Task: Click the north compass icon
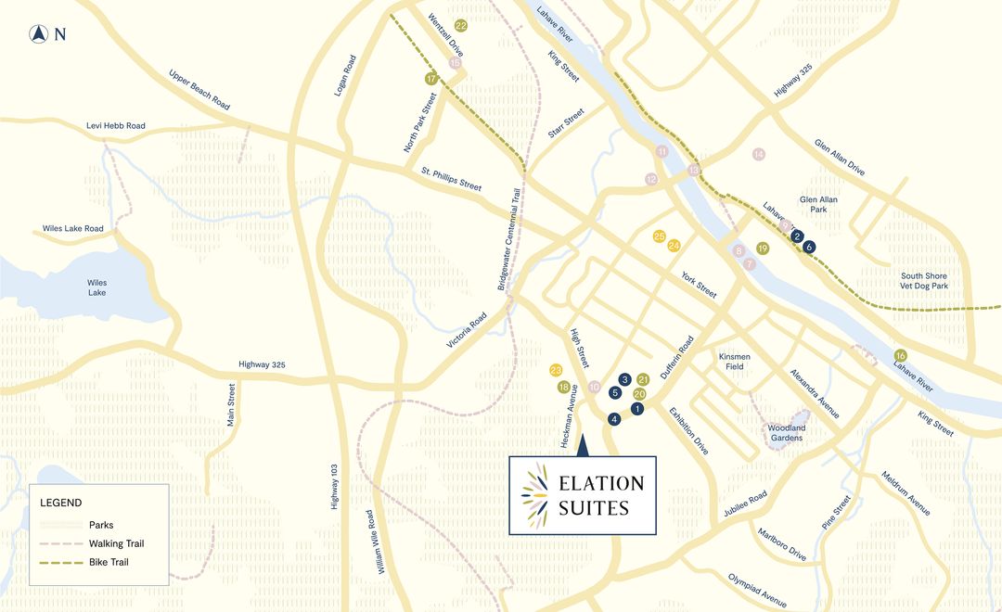tap(39, 35)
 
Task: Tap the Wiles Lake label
tap(96, 287)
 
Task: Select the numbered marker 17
tap(430, 79)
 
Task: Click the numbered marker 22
tap(460, 26)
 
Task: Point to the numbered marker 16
tap(900, 356)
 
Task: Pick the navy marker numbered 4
tap(614, 419)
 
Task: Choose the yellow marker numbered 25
tap(660, 236)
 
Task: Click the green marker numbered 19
tap(763, 249)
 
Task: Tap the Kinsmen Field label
tap(735, 361)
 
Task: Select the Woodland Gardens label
tap(786, 433)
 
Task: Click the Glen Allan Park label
tap(818, 205)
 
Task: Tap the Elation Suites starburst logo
tap(535, 495)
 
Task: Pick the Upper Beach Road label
tap(199, 90)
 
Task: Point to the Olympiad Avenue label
tap(757, 589)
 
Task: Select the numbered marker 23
tap(557, 370)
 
